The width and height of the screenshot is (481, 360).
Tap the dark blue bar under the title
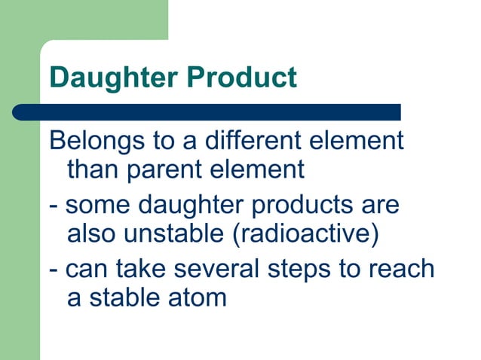[x=207, y=112]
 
